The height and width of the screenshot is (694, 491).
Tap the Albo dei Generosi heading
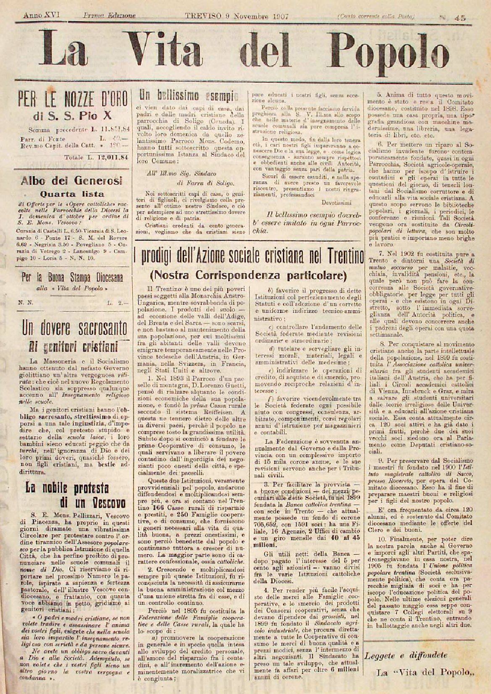point(72,181)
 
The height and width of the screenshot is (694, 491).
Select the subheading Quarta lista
point(72,194)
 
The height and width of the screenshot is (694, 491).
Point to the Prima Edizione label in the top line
point(103,16)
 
